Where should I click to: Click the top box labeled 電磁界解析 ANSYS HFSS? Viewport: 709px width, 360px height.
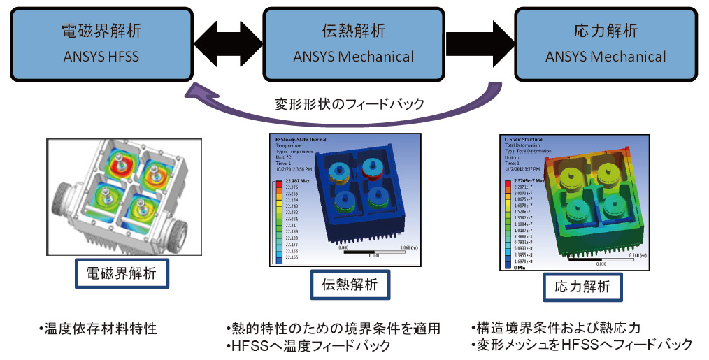coord(99,43)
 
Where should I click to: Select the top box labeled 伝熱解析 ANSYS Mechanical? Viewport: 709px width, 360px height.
coord(353,43)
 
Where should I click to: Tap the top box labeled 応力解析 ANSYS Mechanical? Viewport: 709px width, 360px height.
coord(606,43)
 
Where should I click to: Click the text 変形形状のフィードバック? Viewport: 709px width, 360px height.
coord(349,104)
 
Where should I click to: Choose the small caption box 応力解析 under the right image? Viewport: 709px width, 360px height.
coord(581,286)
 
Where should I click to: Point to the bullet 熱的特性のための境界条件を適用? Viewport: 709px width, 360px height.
coord(333,328)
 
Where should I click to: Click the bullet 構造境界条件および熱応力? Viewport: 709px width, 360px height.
coord(557,327)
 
